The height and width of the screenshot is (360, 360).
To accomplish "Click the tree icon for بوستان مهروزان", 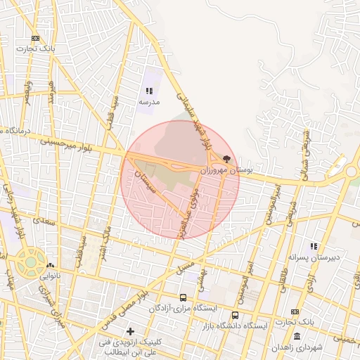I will click(226, 159).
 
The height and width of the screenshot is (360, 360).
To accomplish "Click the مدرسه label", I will click(148, 103).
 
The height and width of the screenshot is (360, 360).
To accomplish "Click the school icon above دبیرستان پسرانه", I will click(314, 246).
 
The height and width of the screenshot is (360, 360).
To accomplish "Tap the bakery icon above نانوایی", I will click(49, 266).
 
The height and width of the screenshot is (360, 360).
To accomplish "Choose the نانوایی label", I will click(50, 277).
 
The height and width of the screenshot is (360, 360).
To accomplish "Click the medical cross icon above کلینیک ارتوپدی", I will click(129, 330).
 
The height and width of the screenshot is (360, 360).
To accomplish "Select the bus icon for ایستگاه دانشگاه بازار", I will click(235, 315).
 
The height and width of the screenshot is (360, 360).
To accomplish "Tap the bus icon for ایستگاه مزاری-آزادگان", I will click(184, 297).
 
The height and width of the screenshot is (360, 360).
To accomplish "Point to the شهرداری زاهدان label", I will click(296, 347).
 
